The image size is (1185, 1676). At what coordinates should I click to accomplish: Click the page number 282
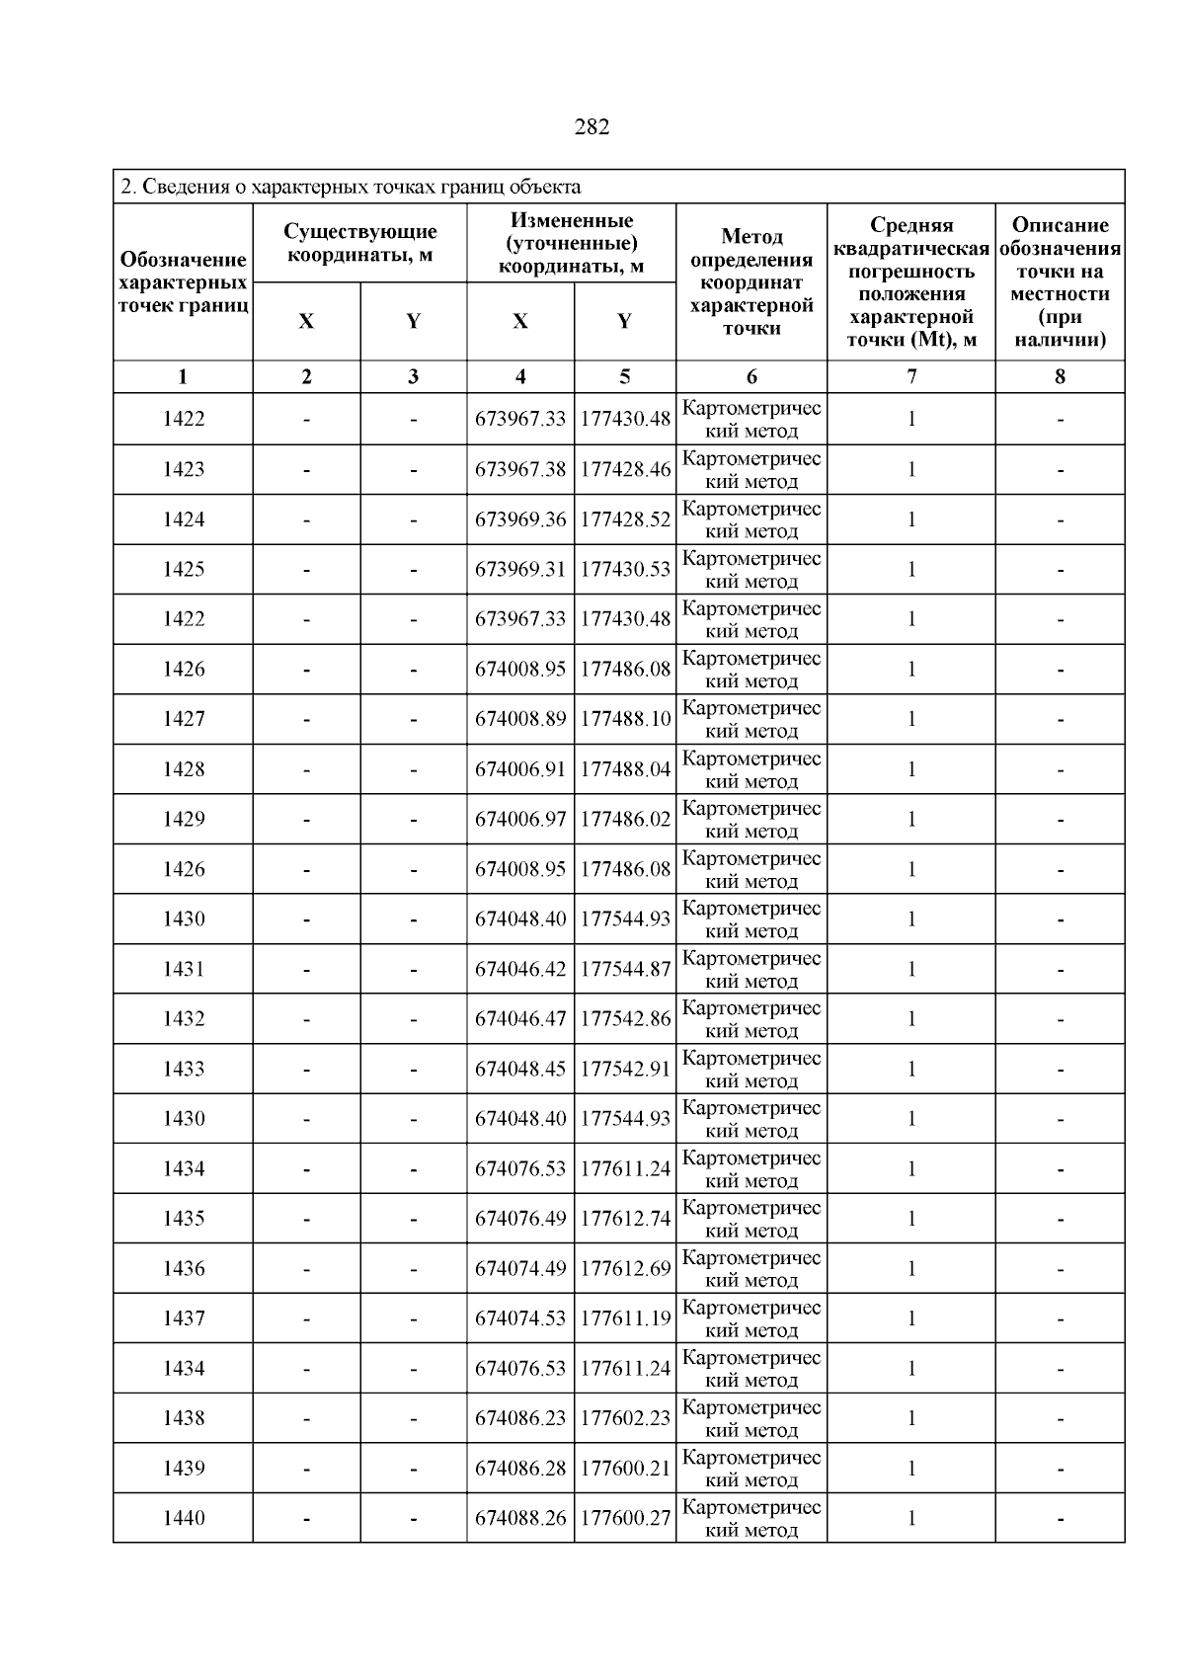[x=592, y=127]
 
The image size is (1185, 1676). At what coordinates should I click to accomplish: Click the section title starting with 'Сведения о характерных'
[x=351, y=187]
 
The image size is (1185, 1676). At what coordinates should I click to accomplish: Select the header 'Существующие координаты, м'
[x=359, y=243]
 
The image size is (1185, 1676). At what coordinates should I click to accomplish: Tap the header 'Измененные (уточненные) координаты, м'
[x=571, y=243]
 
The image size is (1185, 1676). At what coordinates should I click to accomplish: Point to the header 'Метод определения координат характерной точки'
[x=751, y=282]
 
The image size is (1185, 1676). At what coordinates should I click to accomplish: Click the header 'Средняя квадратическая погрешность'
[x=910, y=282]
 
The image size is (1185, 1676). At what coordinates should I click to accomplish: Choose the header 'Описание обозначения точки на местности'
[x=1060, y=282]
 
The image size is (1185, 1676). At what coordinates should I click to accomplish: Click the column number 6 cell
[x=751, y=376]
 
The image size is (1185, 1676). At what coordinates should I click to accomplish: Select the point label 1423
[x=184, y=469]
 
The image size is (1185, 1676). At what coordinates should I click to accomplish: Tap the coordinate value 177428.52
[x=625, y=519]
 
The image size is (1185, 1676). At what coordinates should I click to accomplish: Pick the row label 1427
[x=184, y=719]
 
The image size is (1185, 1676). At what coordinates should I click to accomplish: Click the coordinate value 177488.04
[x=625, y=769]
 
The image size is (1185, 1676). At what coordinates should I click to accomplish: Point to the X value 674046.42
[x=520, y=969]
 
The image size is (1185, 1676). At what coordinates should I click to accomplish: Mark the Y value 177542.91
[x=625, y=1069]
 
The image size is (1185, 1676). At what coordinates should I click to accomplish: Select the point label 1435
[x=184, y=1219]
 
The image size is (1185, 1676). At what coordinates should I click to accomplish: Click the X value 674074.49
[x=520, y=1268]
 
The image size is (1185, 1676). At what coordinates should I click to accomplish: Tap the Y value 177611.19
[x=625, y=1318]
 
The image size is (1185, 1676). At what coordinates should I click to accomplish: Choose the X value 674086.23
[x=520, y=1418]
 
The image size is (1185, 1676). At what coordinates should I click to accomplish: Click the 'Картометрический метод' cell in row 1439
[x=751, y=1469]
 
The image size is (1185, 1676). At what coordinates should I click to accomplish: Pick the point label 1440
[x=184, y=1518]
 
